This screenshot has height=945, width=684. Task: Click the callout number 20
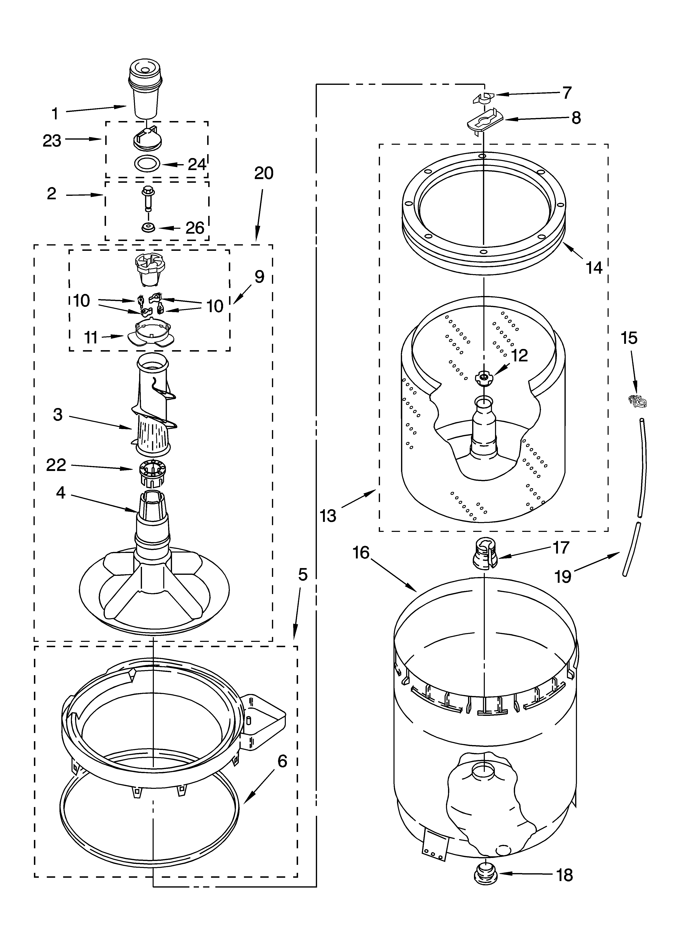pos(264,173)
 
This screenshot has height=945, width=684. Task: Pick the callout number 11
pos(91,337)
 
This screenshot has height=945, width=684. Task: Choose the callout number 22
pos(56,465)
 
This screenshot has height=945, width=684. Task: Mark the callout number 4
pos(61,493)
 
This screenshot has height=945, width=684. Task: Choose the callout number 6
pos(282,761)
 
